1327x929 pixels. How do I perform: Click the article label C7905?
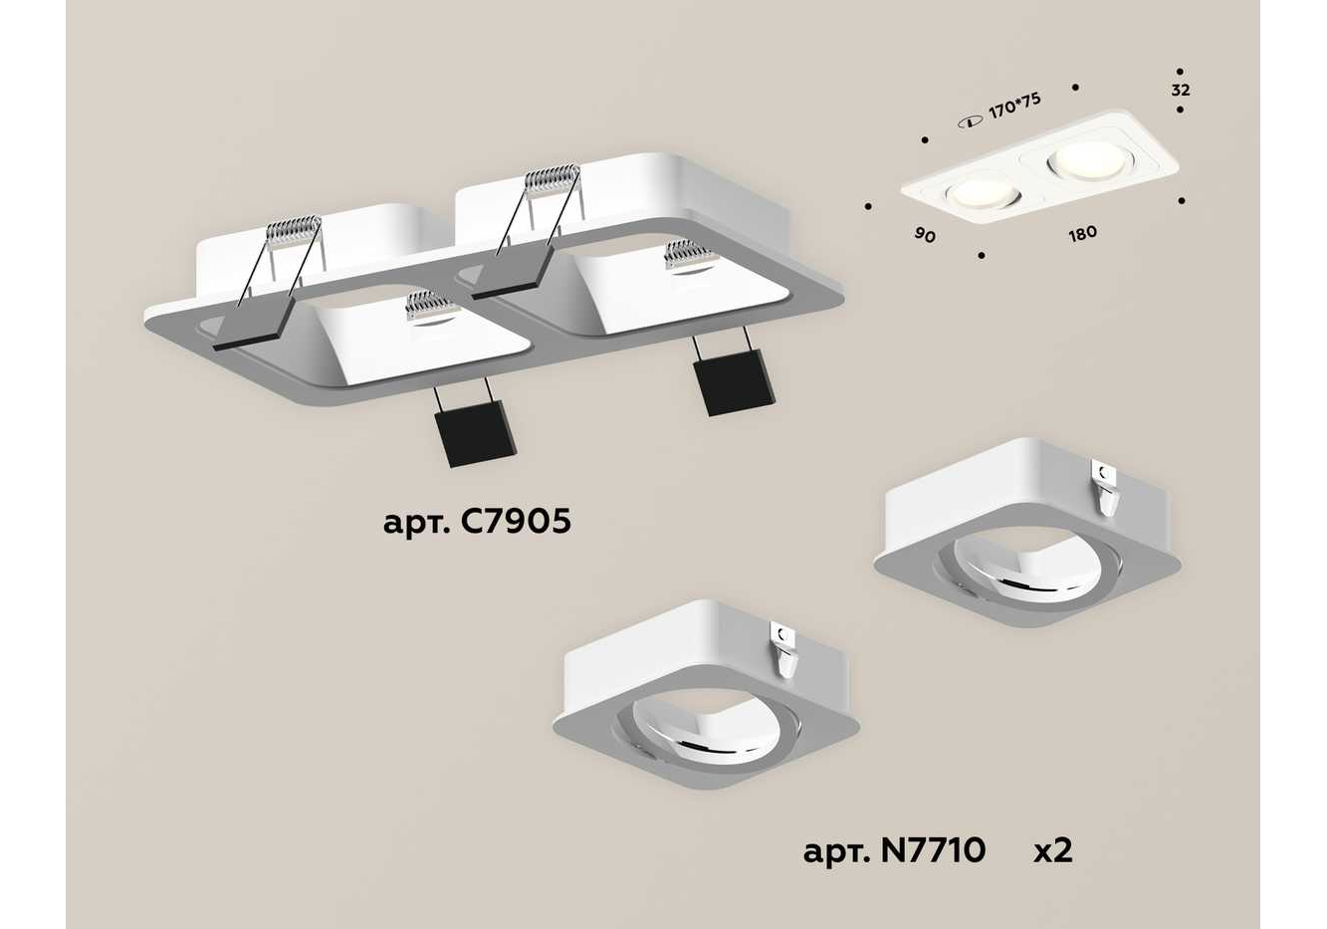point(477,523)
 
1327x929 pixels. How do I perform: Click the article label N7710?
point(895,850)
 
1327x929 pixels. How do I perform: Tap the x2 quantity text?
point(1053,851)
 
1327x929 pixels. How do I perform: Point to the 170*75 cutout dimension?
point(1014,106)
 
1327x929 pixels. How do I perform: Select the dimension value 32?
point(1180,91)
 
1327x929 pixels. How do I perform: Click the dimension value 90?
point(925,235)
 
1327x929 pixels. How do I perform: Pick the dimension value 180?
point(1082,234)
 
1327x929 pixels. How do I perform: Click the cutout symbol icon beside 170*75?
point(971,123)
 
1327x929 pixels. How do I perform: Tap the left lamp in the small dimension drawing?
point(984,195)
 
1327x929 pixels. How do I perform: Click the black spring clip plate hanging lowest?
point(475,434)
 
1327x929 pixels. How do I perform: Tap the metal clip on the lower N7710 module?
point(785,651)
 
